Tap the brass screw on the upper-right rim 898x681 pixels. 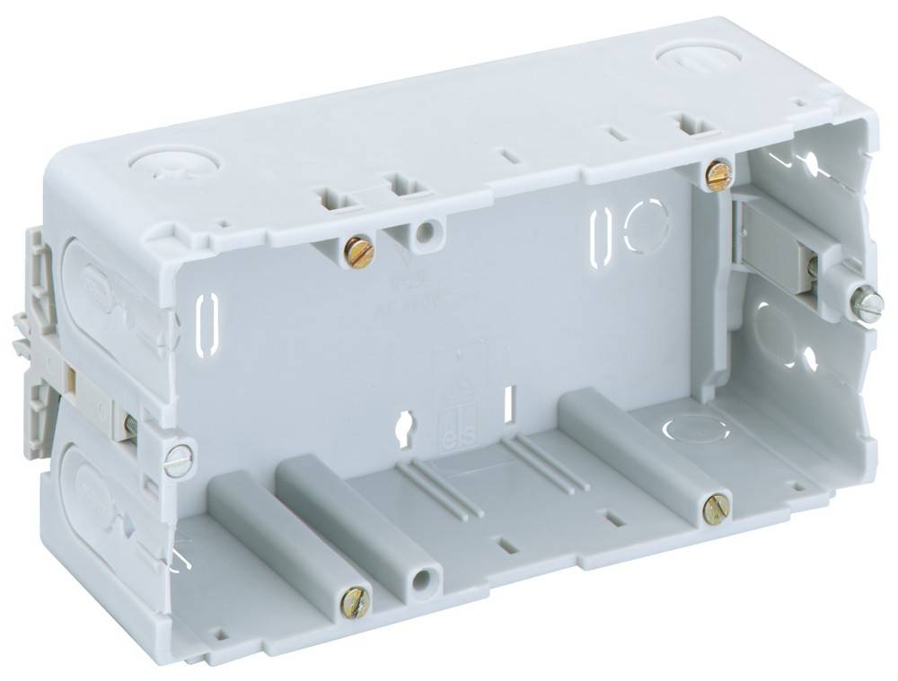(718, 175)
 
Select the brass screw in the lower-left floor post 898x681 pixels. (356, 603)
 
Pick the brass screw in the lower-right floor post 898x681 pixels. (717, 510)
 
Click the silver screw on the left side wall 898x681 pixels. (179, 460)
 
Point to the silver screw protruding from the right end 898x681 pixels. (867, 306)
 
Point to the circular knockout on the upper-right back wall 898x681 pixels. (645, 224)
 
